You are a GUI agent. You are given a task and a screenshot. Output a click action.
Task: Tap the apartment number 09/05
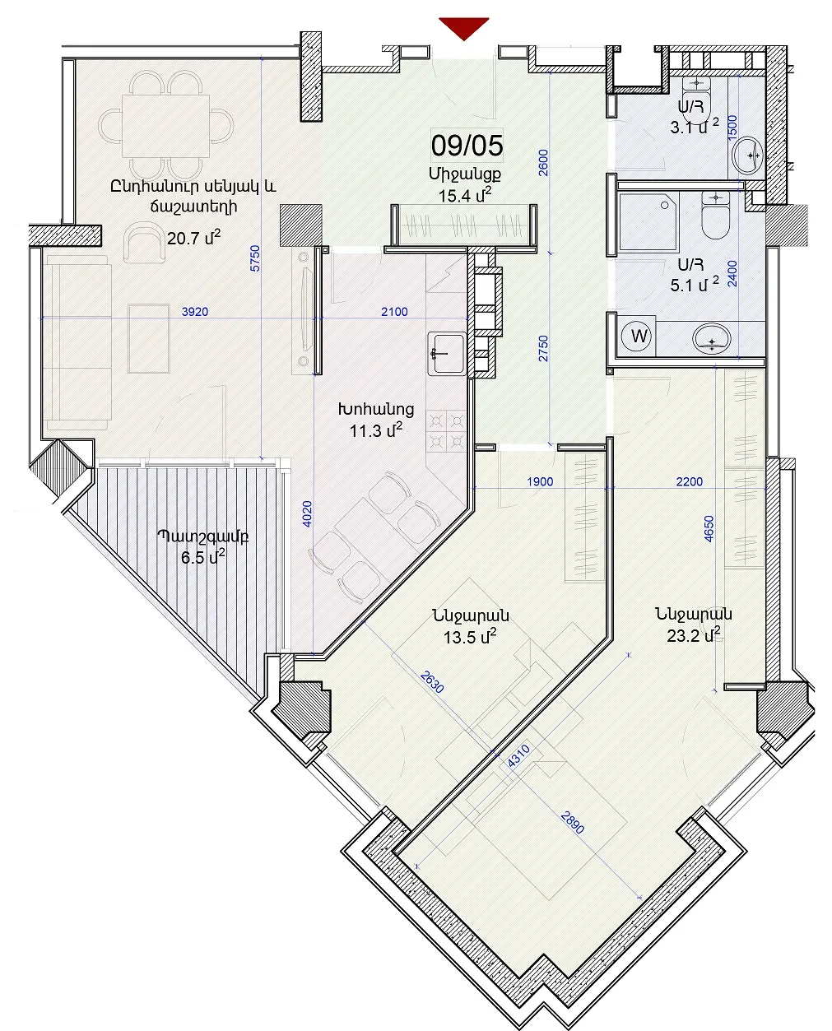tap(467, 146)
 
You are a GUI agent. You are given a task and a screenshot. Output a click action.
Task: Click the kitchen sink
tap(447, 354)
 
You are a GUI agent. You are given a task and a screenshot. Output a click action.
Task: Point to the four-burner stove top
tap(447, 431)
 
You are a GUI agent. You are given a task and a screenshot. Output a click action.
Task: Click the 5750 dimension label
tap(255, 258)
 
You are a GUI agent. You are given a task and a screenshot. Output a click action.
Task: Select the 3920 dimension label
tap(195, 312)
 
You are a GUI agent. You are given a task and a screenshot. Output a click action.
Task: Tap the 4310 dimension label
tap(518, 756)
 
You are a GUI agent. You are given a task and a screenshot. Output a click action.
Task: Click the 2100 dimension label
tap(394, 312)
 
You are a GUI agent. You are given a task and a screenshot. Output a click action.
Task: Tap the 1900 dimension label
tap(540, 482)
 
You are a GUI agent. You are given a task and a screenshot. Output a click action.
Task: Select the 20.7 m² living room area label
tap(193, 238)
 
